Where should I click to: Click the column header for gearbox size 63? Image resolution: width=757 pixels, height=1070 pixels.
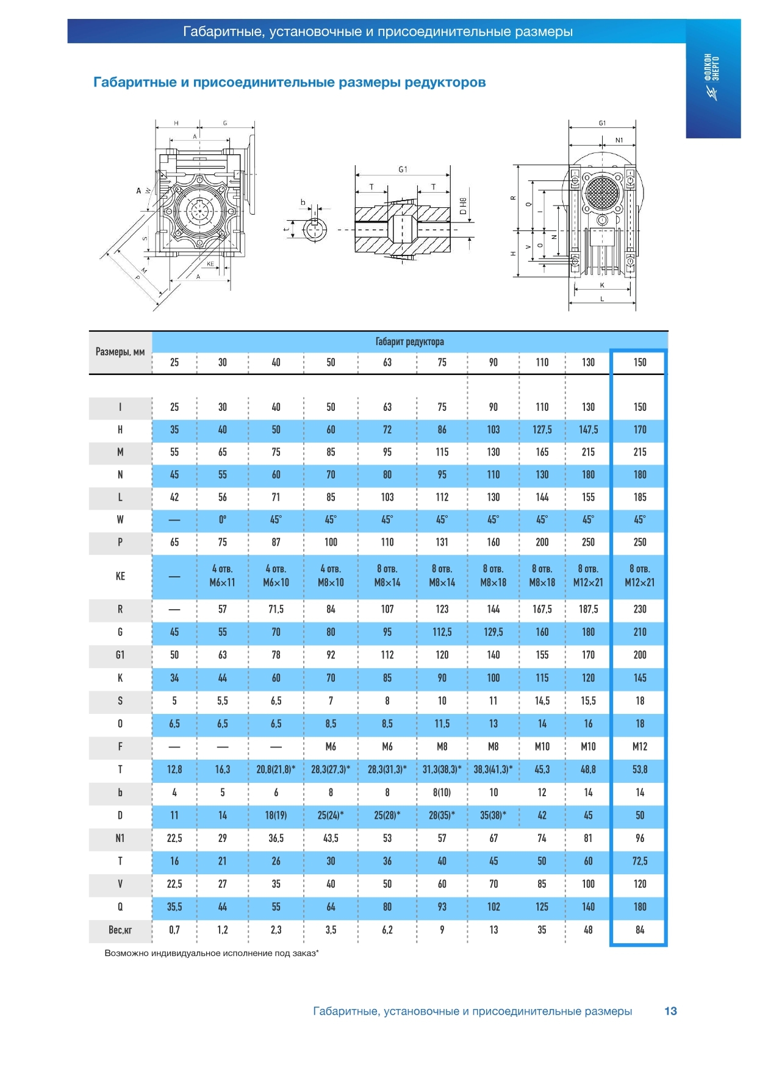[x=387, y=362]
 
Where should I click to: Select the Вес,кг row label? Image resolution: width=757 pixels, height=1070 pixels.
[x=120, y=930]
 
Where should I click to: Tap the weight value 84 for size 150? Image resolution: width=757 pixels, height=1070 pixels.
[x=640, y=930]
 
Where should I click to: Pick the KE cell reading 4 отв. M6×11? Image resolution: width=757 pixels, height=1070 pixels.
[x=222, y=576]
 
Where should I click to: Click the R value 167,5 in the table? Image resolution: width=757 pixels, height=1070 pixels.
[x=542, y=609]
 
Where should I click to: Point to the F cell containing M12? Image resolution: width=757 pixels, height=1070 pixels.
[x=640, y=746]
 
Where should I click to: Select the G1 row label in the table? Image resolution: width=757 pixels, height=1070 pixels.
[x=120, y=655]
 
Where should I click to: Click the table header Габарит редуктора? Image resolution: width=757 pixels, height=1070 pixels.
[x=410, y=341]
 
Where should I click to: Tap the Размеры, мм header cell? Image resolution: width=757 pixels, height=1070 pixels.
[x=120, y=352]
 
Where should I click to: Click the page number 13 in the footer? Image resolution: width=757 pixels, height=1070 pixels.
[x=670, y=1011]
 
